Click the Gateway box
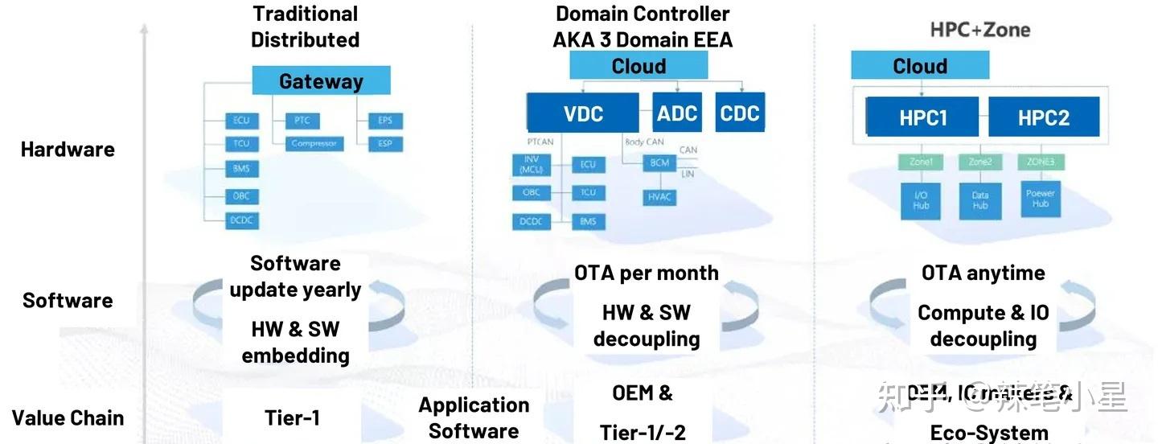point(321,81)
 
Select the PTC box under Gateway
point(302,121)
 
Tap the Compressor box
point(314,144)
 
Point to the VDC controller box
point(583,113)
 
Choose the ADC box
point(676,113)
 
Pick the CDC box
point(740,113)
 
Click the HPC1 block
point(923,117)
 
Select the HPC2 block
point(1043,117)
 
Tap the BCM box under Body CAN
point(659,162)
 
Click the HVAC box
point(659,196)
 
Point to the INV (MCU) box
point(531,165)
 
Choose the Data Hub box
point(980,200)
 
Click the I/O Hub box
point(921,200)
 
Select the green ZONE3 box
point(1041,162)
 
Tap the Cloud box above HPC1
point(920,66)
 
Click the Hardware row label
point(68,150)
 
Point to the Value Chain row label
point(68,418)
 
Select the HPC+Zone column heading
point(979,30)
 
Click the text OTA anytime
point(983,273)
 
